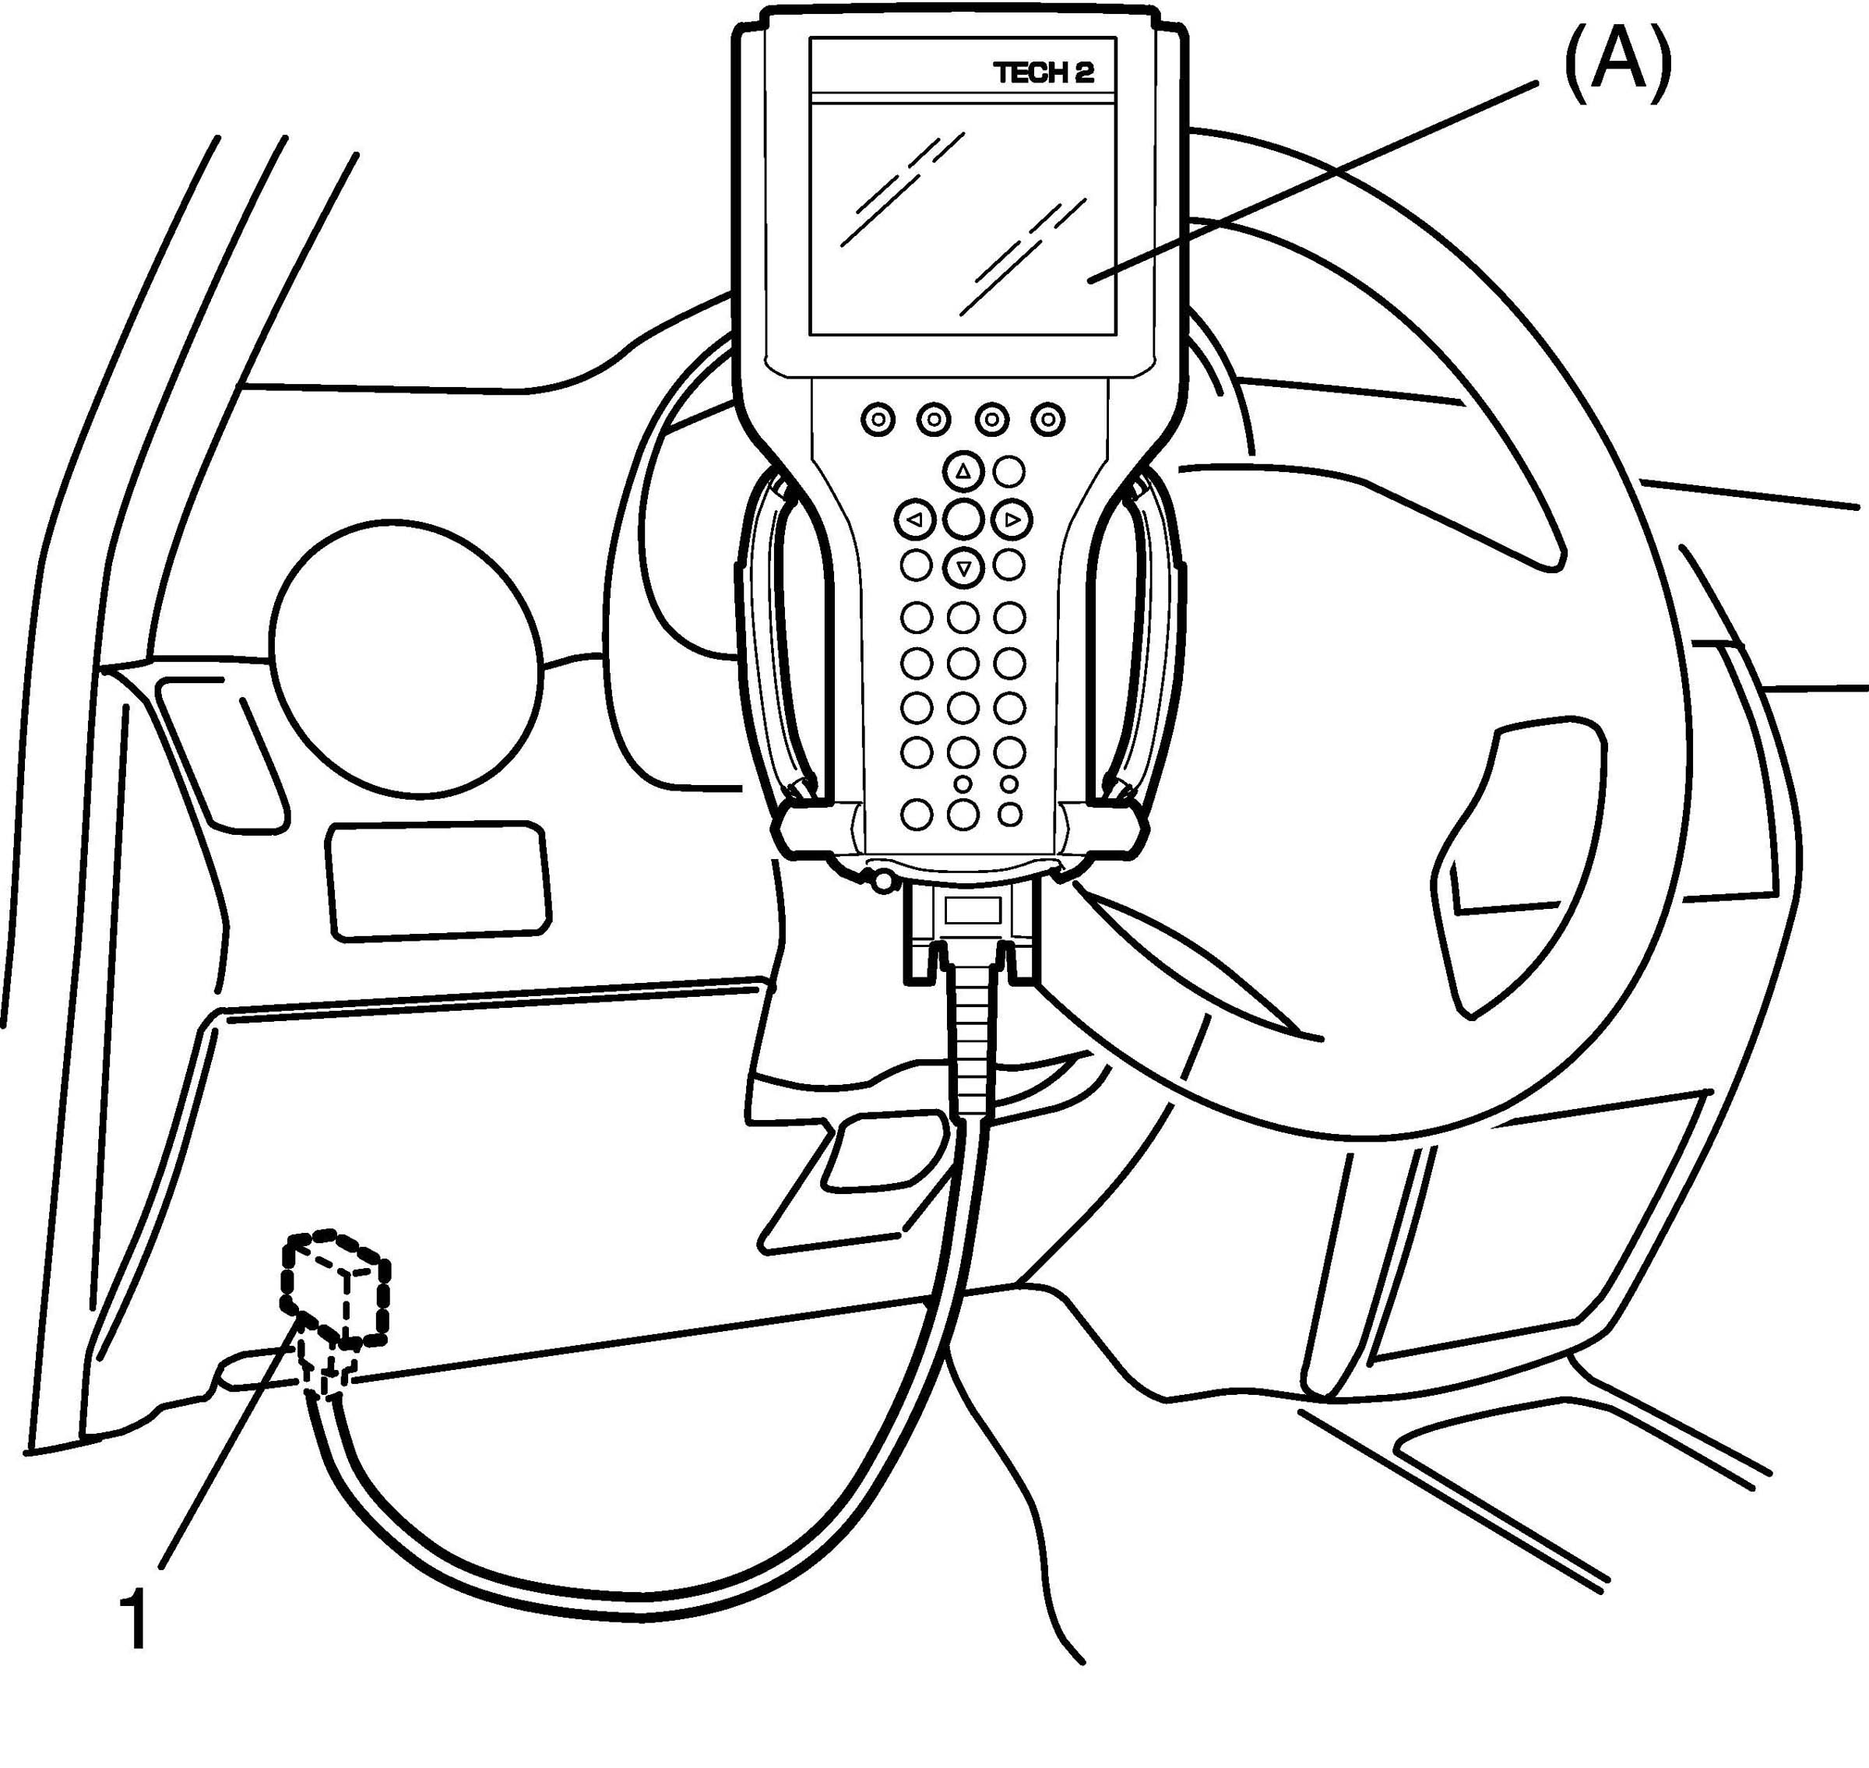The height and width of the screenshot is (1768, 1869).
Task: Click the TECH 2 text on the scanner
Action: (x=1044, y=73)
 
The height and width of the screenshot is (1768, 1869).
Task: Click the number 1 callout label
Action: (x=136, y=1618)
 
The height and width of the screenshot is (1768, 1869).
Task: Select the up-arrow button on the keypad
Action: (x=963, y=471)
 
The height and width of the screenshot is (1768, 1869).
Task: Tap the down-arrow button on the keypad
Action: (x=963, y=567)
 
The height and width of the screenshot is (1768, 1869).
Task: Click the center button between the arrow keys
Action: (x=963, y=519)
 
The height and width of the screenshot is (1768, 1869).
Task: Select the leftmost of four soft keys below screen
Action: (x=878, y=418)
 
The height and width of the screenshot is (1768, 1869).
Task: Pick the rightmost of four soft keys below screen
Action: (x=1047, y=418)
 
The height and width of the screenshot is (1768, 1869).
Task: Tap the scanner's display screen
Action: (x=963, y=215)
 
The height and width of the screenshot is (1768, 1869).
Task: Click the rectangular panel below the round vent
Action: (x=438, y=879)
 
